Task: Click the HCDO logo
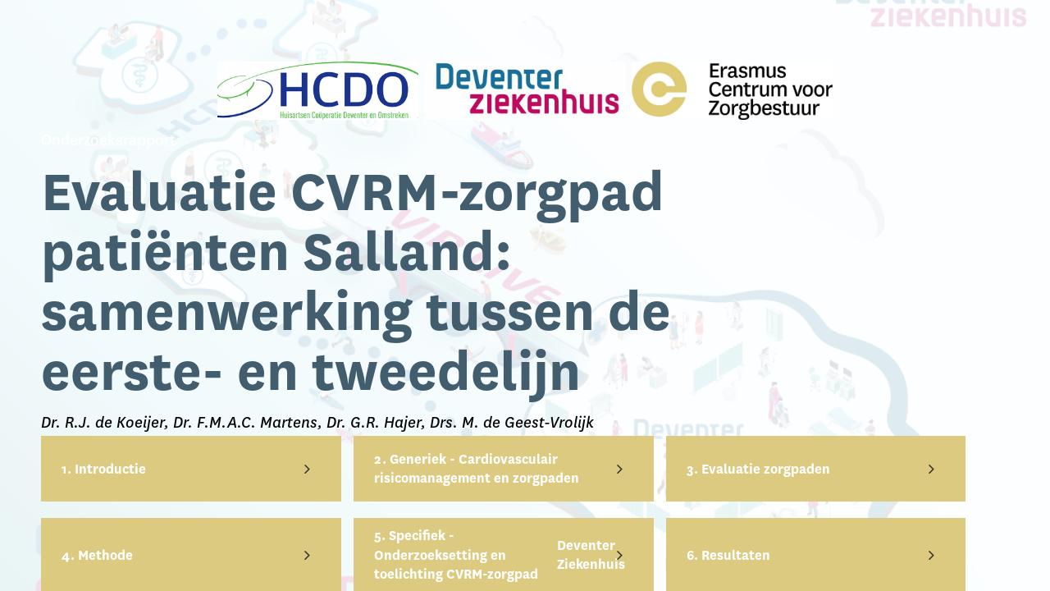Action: tap(317, 90)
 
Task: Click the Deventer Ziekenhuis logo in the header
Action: tap(527, 89)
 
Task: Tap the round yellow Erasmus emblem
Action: tap(660, 89)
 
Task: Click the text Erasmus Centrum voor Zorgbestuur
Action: tap(769, 90)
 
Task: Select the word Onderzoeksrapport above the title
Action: tap(108, 140)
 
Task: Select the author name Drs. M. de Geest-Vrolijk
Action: tap(511, 423)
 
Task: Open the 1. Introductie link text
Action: tap(103, 470)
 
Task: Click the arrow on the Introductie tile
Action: tap(307, 470)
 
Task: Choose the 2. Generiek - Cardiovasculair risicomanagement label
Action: tap(477, 469)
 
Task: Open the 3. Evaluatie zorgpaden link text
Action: tap(758, 470)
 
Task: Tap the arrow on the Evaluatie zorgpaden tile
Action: tap(931, 470)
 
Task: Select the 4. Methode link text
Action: tap(97, 556)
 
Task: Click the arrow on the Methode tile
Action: tap(307, 556)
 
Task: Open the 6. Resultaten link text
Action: tap(728, 556)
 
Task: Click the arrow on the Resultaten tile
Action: tap(931, 556)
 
